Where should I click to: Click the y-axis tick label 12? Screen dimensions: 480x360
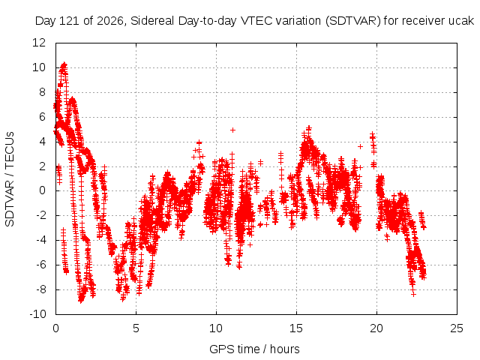[x=39, y=43]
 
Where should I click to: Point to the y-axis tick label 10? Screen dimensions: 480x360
[x=39, y=67]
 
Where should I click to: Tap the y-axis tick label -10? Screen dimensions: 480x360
[x=37, y=313]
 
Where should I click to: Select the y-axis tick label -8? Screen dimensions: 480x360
[x=40, y=289]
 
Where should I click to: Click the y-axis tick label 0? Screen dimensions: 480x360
[x=42, y=190]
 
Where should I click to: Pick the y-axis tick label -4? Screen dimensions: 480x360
[x=40, y=240]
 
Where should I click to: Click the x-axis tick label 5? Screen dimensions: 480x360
[x=136, y=328]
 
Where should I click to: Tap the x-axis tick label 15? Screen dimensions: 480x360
[x=296, y=328]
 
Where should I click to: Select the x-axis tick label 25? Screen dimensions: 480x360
[x=457, y=328]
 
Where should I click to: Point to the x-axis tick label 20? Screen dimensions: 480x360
[x=376, y=328]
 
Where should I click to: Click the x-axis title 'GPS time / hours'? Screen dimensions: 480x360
[x=254, y=349]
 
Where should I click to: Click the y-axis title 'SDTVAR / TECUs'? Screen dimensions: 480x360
[x=10, y=179]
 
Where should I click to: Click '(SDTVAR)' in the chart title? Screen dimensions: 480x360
[x=353, y=21]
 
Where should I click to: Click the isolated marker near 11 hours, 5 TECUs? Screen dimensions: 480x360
[x=232, y=130]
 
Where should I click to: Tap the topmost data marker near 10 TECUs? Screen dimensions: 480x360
[x=64, y=64]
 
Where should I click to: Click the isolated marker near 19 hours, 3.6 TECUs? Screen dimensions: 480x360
[x=360, y=147]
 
